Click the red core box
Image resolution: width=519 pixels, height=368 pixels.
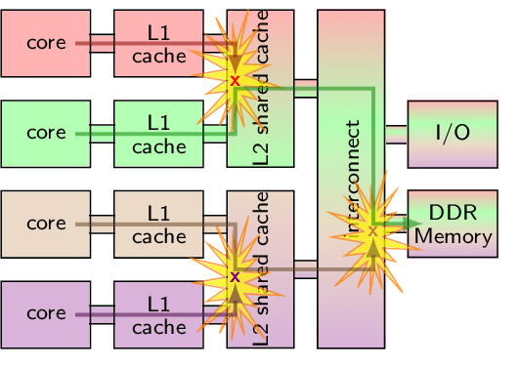[x=46, y=43]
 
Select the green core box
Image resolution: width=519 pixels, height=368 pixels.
[x=46, y=133]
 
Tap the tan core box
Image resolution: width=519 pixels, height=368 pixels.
[x=46, y=224]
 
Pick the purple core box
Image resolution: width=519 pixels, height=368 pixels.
[x=46, y=313]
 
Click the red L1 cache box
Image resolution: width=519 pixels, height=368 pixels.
[x=158, y=43]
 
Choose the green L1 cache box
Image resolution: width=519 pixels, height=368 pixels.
[x=158, y=133]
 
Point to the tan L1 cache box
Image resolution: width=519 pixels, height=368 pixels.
[x=158, y=224]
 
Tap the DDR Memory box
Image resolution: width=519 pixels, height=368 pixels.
[x=452, y=224]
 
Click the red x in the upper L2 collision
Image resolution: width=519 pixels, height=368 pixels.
[x=235, y=81]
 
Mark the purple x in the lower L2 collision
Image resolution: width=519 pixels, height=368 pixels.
[x=235, y=277]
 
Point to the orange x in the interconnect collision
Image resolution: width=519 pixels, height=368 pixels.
[x=372, y=232]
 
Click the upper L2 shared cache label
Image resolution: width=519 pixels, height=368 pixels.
[x=260, y=93]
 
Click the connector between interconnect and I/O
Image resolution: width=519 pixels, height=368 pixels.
[x=396, y=133]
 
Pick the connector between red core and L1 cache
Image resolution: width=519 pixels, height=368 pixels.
[x=102, y=43]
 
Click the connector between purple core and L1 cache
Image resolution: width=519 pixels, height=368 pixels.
[x=102, y=313]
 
